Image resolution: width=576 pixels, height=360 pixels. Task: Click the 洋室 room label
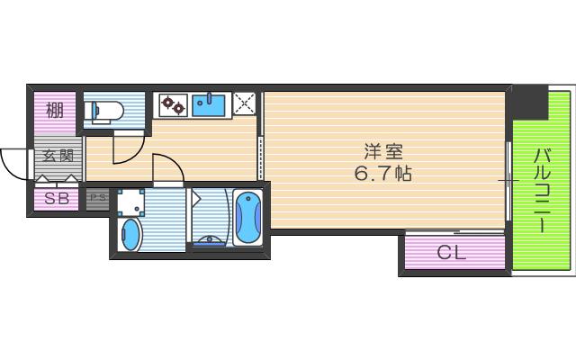[x=383, y=152]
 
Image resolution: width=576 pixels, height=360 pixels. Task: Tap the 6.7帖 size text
[x=382, y=174]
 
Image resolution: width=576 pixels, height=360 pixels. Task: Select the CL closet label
[x=452, y=252]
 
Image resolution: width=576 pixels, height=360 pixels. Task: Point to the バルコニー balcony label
[x=541, y=190]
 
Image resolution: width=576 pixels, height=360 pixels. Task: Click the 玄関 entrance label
[x=58, y=156]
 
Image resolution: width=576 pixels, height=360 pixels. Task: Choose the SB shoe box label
[x=57, y=199]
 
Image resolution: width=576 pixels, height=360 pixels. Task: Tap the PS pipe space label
[x=98, y=198]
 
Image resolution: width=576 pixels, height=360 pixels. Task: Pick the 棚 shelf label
[x=54, y=110]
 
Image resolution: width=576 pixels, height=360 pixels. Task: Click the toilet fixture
[x=103, y=111]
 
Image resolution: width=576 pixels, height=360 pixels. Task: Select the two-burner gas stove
[x=174, y=105]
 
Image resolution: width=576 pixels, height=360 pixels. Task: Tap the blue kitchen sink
[x=209, y=105]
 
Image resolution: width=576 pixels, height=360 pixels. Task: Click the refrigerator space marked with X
[x=245, y=103]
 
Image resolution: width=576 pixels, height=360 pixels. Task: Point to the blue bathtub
[x=248, y=218]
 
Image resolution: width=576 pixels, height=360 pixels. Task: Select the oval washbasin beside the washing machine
[x=130, y=235]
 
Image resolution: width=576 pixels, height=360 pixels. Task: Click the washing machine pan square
[x=130, y=202]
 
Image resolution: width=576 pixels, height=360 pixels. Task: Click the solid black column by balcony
[x=530, y=102]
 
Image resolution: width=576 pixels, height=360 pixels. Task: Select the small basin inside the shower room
[x=210, y=240]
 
